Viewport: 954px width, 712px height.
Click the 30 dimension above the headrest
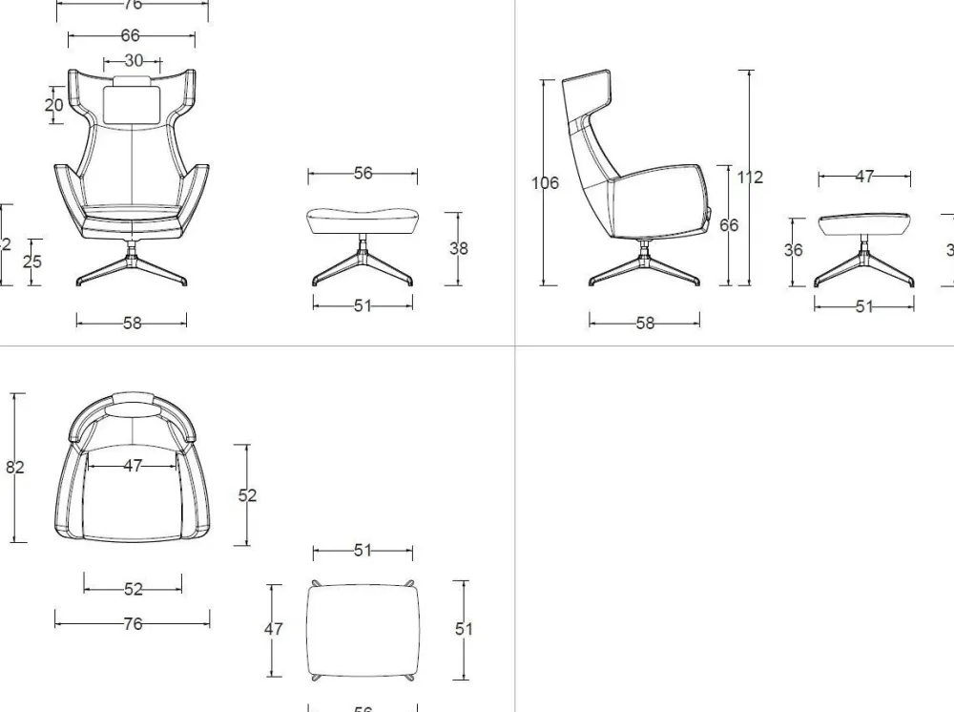134,60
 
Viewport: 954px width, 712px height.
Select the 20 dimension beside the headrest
53,104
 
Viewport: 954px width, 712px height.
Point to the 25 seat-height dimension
32,262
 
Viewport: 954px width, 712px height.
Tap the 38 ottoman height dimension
459,248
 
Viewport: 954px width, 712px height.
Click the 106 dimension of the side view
545,182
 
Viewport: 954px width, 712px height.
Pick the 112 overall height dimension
750,177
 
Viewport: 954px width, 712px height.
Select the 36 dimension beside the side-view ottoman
793,250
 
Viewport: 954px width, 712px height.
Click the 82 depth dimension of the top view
15,467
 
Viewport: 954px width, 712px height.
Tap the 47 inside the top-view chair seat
133,466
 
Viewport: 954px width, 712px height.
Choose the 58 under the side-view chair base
645,323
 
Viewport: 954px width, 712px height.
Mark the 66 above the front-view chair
131,36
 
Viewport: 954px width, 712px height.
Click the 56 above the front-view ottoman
363,173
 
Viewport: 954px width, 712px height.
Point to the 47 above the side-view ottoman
864,177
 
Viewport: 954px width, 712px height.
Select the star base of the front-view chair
132,267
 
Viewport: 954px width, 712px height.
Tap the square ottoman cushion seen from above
363,628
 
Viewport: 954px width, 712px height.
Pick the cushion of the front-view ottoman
363,218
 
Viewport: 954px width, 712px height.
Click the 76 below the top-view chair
133,623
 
